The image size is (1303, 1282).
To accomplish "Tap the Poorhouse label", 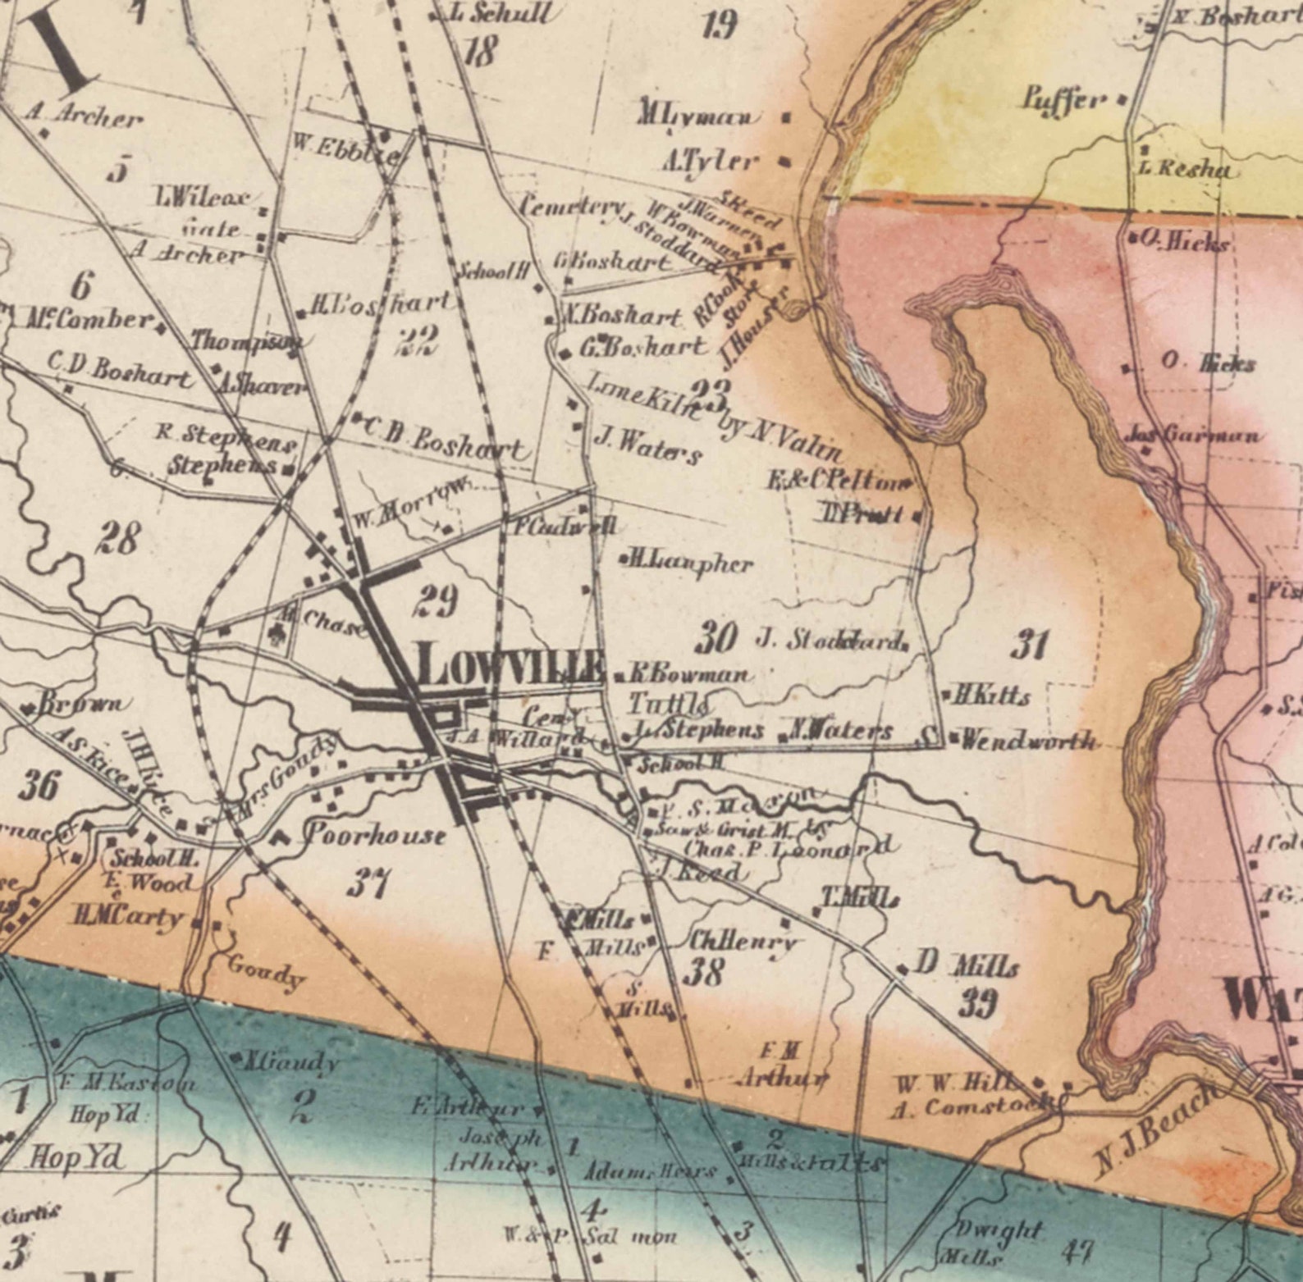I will click(376, 836).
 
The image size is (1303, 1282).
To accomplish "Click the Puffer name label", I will click(1063, 100).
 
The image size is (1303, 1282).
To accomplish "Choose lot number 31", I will click(1029, 644).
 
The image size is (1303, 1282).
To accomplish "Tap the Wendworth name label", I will click(1027, 740).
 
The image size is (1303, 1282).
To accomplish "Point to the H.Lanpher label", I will click(691, 563).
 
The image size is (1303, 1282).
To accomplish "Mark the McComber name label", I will click(90, 319).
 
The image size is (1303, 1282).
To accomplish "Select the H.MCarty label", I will click(128, 916).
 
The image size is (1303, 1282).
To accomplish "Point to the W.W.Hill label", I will click(956, 1084).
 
